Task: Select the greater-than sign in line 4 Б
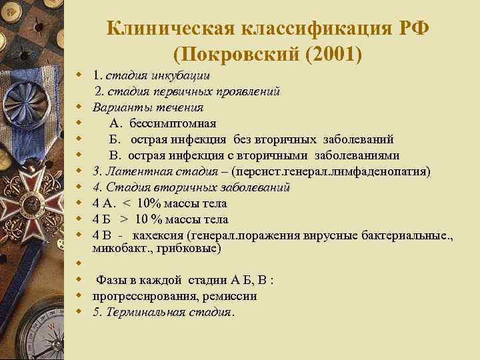pos(125,219)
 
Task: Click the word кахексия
pos(159,235)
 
